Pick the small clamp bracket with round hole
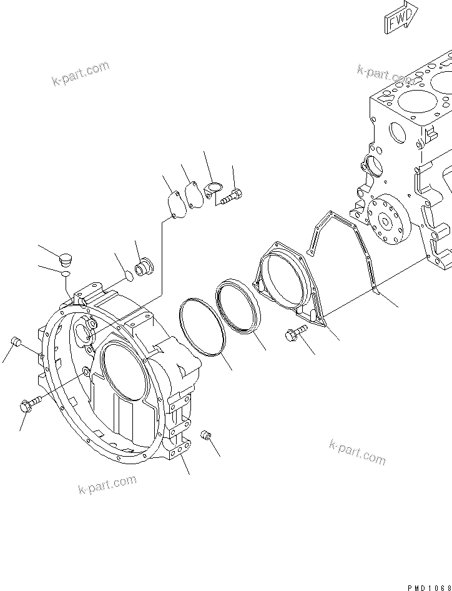[213, 189]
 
